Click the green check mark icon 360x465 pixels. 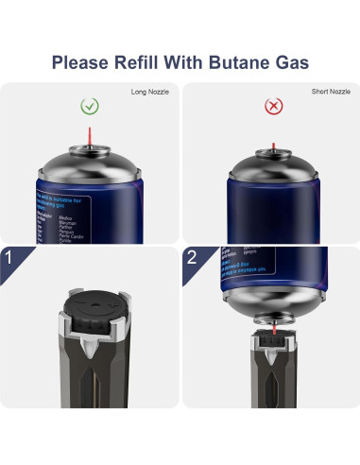point(89,107)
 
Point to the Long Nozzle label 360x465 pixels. point(152,92)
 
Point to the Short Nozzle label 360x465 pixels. point(333,92)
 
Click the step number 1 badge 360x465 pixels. point(10,257)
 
